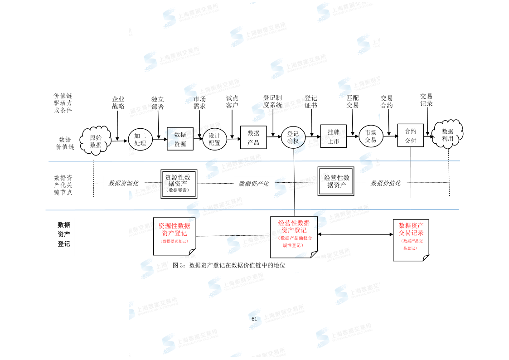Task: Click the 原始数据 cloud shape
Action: (96, 141)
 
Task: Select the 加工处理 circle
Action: (140, 139)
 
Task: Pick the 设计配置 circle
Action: (214, 139)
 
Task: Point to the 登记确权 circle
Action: (293, 137)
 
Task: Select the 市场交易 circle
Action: (371, 136)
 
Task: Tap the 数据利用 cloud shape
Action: (448, 135)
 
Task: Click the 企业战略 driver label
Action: (118, 103)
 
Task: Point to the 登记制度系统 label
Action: (272, 101)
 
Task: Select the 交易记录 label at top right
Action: (426, 100)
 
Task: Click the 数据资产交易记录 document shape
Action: (411, 239)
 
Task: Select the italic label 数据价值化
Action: (386, 183)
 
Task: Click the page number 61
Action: (254, 319)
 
